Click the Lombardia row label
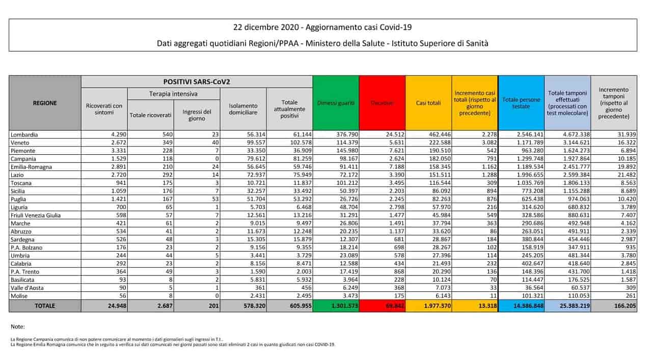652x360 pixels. (x=24, y=135)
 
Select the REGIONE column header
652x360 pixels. (x=45, y=103)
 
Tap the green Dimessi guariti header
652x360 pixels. (x=335, y=103)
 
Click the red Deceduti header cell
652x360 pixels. (x=382, y=103)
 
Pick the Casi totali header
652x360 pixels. (x=428, y=103)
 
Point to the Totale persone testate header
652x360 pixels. (x=521, y=103)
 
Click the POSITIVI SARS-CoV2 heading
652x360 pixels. (x=196, y=81)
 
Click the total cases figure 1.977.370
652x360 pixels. (x=428, y=306)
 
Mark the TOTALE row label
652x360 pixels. (x=45, y=306)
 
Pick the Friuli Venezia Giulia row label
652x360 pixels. (x=36, y=215)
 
